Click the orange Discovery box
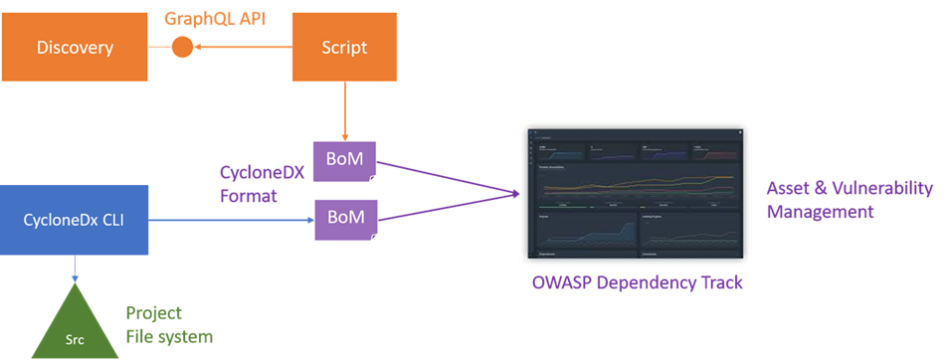pyautogui.click(x=75, y=47)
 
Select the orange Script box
pyautogui.click(x=344, y=47)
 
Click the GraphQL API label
pyautogui.click(x=216, y=16)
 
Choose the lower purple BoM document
pyautogui.click(x=344, y=217)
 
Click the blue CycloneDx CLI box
pyautogui.click(x=75, y=217)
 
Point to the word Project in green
pyautogui.click(x=154, y=312)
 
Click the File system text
pyautogui.click(x=168, y=337)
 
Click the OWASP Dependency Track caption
pyautogui.click(x=637, y=283)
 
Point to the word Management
pyautogui.click(x=820, y=212)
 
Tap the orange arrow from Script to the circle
pyautogui.click(x=239, y=47)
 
